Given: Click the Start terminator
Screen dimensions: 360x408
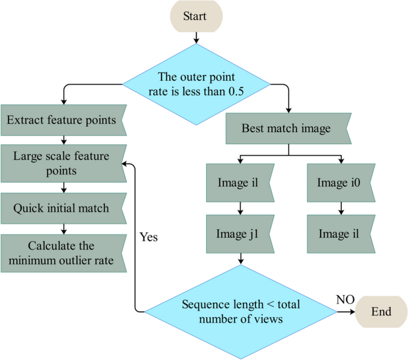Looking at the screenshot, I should point(195,15).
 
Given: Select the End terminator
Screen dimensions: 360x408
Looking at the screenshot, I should point(381,312).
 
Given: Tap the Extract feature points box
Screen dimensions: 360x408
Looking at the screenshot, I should point(62,120).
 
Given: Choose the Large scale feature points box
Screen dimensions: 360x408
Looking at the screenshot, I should point(62,163).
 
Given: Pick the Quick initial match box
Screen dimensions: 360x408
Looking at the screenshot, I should point(62,208).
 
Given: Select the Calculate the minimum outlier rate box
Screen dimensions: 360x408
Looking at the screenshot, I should point(62,253).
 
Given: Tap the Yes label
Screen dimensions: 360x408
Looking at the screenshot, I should point(149,237).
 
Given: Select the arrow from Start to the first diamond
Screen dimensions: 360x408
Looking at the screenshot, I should point(195,37).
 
